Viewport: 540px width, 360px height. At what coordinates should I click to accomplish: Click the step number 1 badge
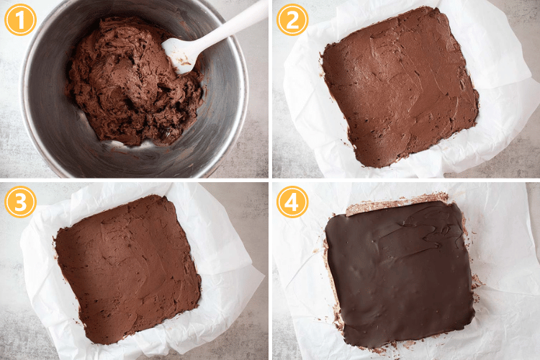coord(19,19)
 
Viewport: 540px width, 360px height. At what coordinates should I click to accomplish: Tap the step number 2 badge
coord(292,19)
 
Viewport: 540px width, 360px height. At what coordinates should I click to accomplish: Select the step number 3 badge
coord(19,202)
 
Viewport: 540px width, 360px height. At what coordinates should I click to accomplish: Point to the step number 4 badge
coord(292,202)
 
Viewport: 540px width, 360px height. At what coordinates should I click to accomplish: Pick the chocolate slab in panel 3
coord(126,266)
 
